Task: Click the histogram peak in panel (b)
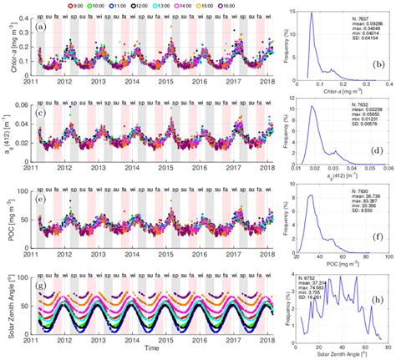[311, 13]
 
